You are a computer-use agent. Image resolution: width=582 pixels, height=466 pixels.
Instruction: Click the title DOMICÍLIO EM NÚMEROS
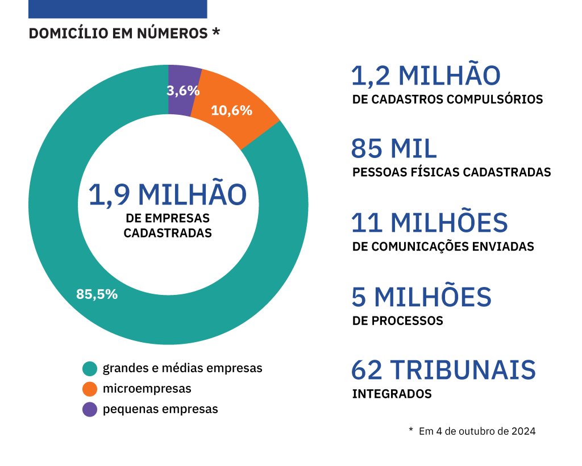tap(118, 34)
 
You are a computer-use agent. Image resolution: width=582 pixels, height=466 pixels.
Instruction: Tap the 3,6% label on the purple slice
tap(183, 90)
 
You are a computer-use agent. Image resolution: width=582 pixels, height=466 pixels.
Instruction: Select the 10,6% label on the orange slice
tap(231, 110)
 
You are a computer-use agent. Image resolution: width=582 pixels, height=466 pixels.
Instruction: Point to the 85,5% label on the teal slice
tap(97, 294)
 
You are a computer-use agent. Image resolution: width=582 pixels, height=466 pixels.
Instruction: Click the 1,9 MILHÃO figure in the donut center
tap(168, 194)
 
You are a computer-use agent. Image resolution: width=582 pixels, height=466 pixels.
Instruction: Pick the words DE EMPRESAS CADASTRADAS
tap(168, 225)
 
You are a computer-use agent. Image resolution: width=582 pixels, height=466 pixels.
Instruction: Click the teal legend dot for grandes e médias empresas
tap(90, 368)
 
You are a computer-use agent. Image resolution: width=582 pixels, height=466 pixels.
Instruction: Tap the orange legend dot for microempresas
tap(90, 389)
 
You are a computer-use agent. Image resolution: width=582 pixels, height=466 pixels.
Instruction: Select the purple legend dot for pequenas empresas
tap(90, 409)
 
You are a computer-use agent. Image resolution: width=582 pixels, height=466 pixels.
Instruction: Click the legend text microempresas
tap(147, 389)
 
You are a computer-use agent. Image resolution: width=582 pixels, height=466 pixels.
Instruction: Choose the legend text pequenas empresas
tap(160, 409)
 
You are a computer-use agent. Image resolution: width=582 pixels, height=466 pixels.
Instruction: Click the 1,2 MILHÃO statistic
tap(426, 76)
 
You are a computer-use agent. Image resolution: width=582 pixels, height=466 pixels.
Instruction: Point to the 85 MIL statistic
tap(394, 149)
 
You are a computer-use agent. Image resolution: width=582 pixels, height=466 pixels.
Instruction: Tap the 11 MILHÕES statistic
tap(429, 222)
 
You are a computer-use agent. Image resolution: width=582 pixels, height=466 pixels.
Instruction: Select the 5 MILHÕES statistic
tap(421, 296)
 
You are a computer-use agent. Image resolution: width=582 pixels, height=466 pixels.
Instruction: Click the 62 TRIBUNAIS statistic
tap(443, 370)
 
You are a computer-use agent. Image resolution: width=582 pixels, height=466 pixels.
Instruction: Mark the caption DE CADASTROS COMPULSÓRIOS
tap(447, 99)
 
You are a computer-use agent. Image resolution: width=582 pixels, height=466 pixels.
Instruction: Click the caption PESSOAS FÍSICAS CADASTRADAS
tap(451, 172)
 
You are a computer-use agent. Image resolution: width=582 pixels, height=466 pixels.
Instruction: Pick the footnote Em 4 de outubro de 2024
tap(477, 431)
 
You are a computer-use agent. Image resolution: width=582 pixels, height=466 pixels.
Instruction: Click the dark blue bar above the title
tap(118, 9)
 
